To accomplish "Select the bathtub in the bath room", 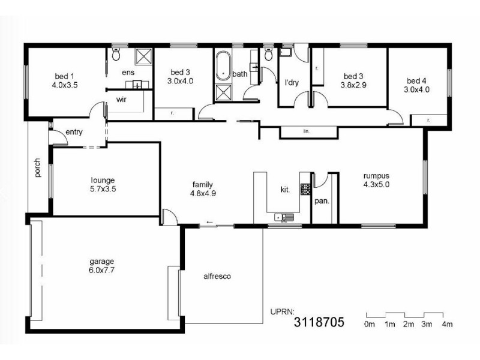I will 224,68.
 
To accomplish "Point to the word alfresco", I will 217,277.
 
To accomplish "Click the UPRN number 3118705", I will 319,323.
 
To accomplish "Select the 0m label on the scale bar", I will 369,325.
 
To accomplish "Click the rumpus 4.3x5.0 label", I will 376,180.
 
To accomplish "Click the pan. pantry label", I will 322,201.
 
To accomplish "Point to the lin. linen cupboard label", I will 306,130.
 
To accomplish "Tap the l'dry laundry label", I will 291,83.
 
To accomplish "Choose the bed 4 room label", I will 417,85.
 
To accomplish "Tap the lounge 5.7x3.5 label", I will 103,184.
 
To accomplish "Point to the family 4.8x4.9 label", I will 203,188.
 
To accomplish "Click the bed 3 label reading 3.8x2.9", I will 353,80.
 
